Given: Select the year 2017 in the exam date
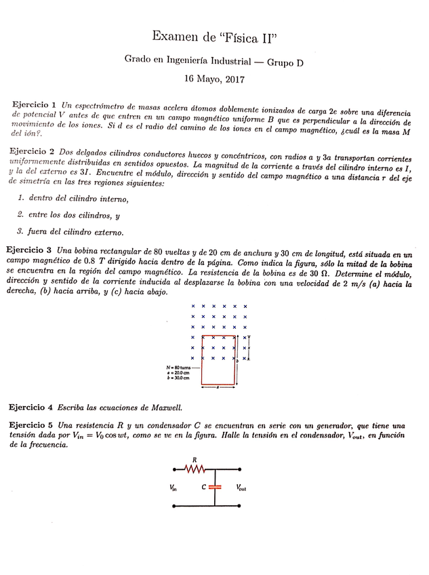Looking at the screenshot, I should click(x=232, y=79).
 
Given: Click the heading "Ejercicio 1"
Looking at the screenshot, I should click(x=34, y=105).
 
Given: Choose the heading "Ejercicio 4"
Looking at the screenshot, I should click(x=30, y=407).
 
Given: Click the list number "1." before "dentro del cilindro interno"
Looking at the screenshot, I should click(x=22, y=199).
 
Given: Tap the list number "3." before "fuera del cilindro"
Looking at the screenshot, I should click(x=22, y=233).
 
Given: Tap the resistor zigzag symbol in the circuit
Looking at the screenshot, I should click(x=195, y=469).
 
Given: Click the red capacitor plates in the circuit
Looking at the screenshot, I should click(x=216, y=486).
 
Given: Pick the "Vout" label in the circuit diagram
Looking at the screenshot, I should click(x=241, y=487).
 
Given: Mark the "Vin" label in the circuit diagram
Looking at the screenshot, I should click(x=175, y=487).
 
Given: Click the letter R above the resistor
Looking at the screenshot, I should click(x=195, y=458).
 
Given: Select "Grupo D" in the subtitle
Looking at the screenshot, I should click(x=285, y=62).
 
